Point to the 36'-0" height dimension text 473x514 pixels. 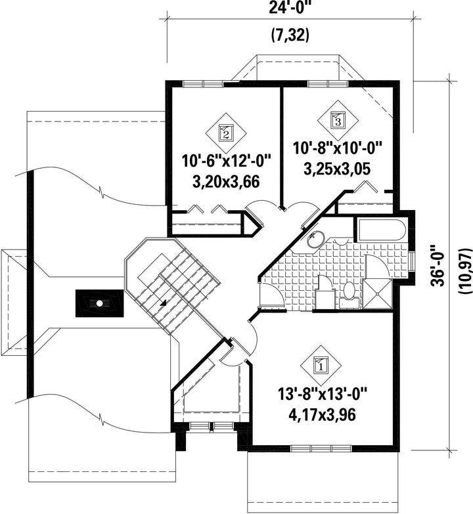click(438, 265)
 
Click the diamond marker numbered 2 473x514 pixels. click(226, 133)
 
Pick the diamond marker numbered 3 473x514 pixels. click(338, 120)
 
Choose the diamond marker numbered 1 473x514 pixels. click(321, 365)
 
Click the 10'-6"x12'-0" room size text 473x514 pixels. click(227, 161)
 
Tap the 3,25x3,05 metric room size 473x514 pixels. click(337, 169)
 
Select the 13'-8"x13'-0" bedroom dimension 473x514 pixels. click(322, 393)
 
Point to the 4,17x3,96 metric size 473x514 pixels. click(322, 415)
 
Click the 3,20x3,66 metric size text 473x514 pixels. click(227, 182)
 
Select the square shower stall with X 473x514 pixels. click(378, 293)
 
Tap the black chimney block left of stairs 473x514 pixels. click(100, 303)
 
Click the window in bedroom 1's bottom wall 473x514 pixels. click(321, 448)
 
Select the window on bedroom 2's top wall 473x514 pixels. click(204, 83)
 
